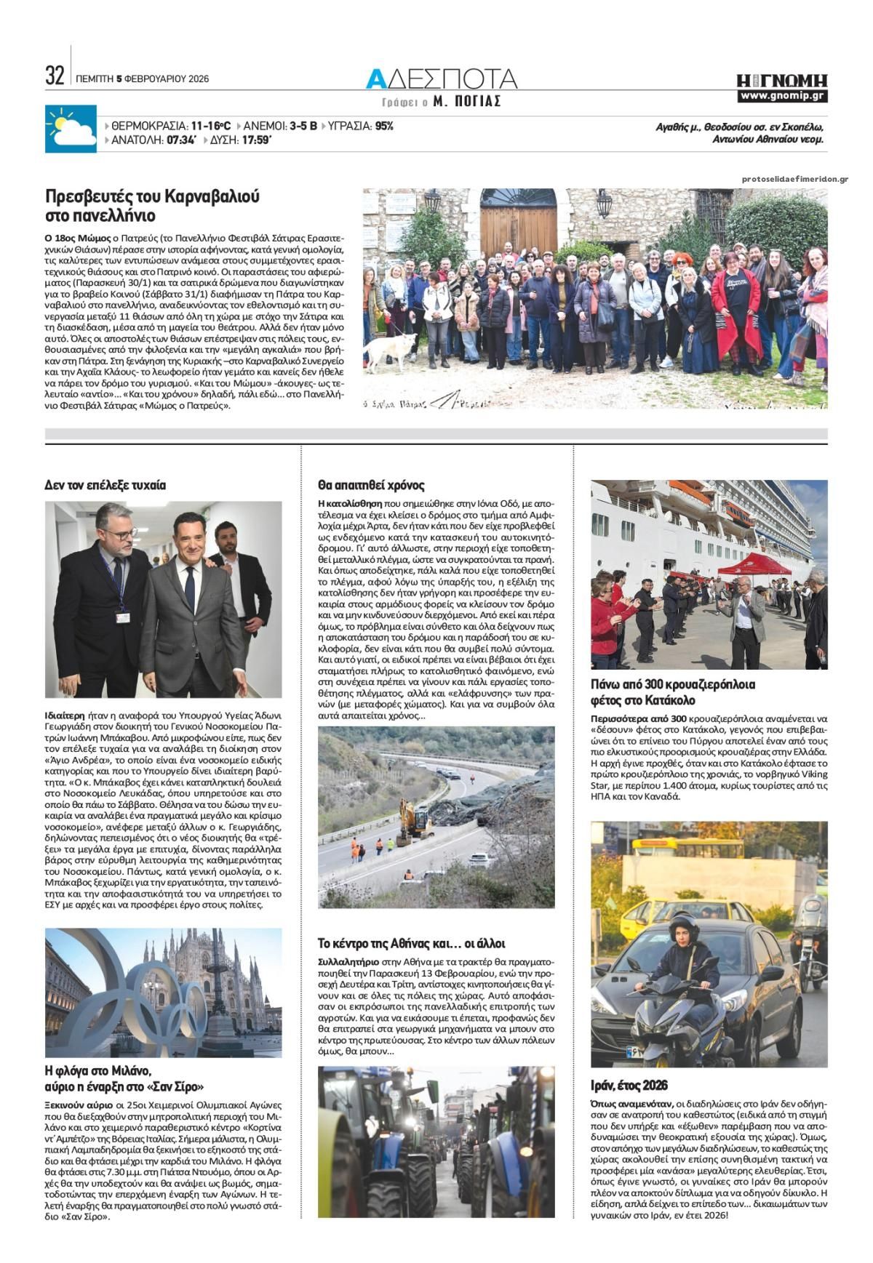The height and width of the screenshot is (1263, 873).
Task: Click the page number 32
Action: click(x=55, y=76)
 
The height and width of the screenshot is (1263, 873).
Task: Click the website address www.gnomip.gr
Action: click(x=782, y=96)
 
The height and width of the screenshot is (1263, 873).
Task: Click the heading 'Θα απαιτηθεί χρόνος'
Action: click(x=371, y=485)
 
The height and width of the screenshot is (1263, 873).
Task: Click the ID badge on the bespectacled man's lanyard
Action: click(x=120, y=615)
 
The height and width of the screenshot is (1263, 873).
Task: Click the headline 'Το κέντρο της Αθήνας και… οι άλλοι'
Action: click(x=412, y=943)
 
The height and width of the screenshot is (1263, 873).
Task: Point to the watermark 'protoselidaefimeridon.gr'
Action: click(x=795, y=179)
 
